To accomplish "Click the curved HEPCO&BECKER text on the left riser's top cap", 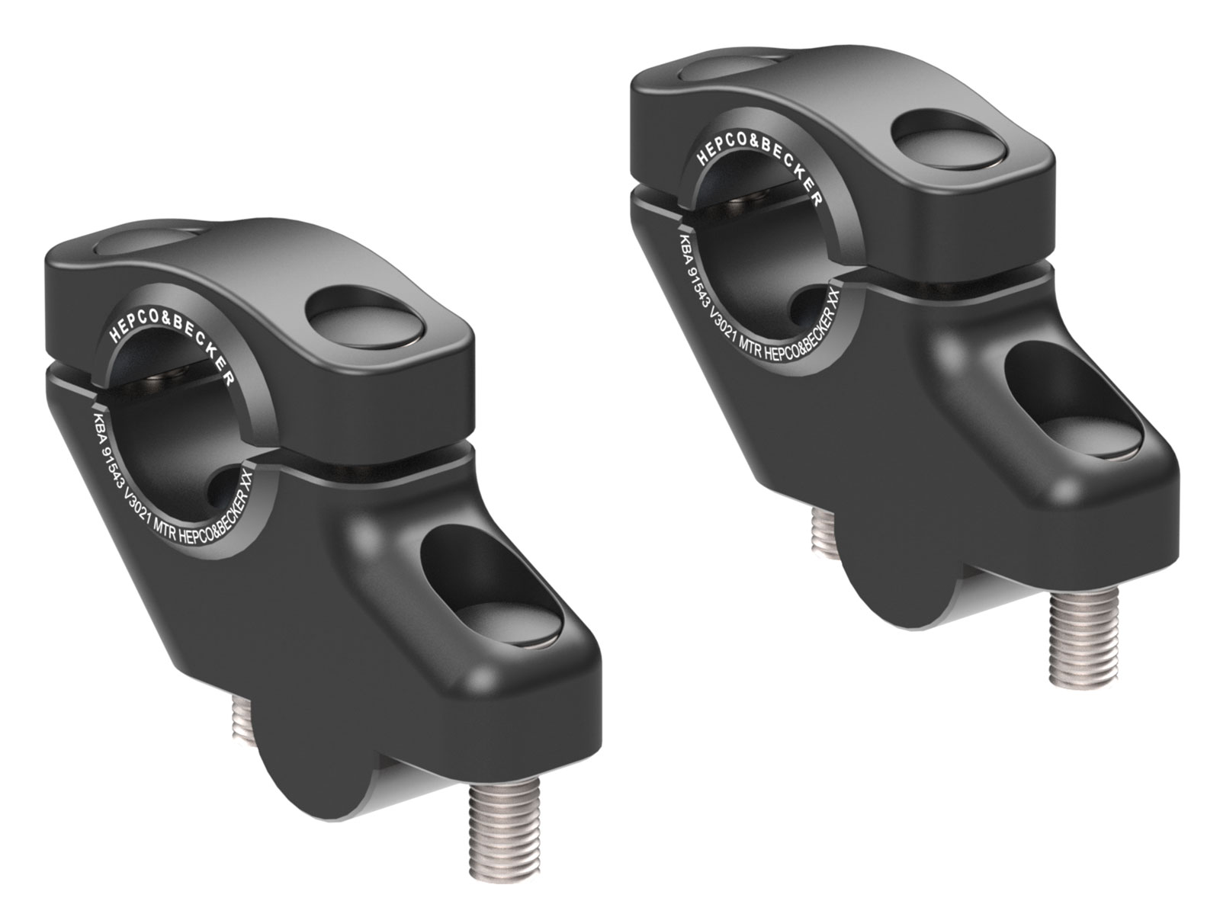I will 170,334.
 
